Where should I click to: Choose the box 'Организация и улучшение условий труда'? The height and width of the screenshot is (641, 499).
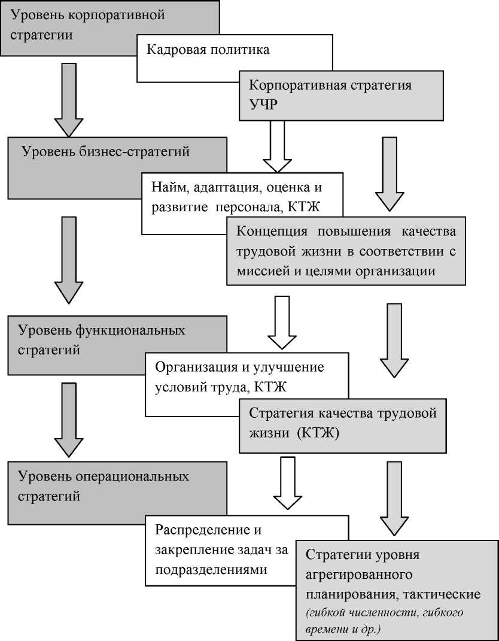click(x=239, y=377)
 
